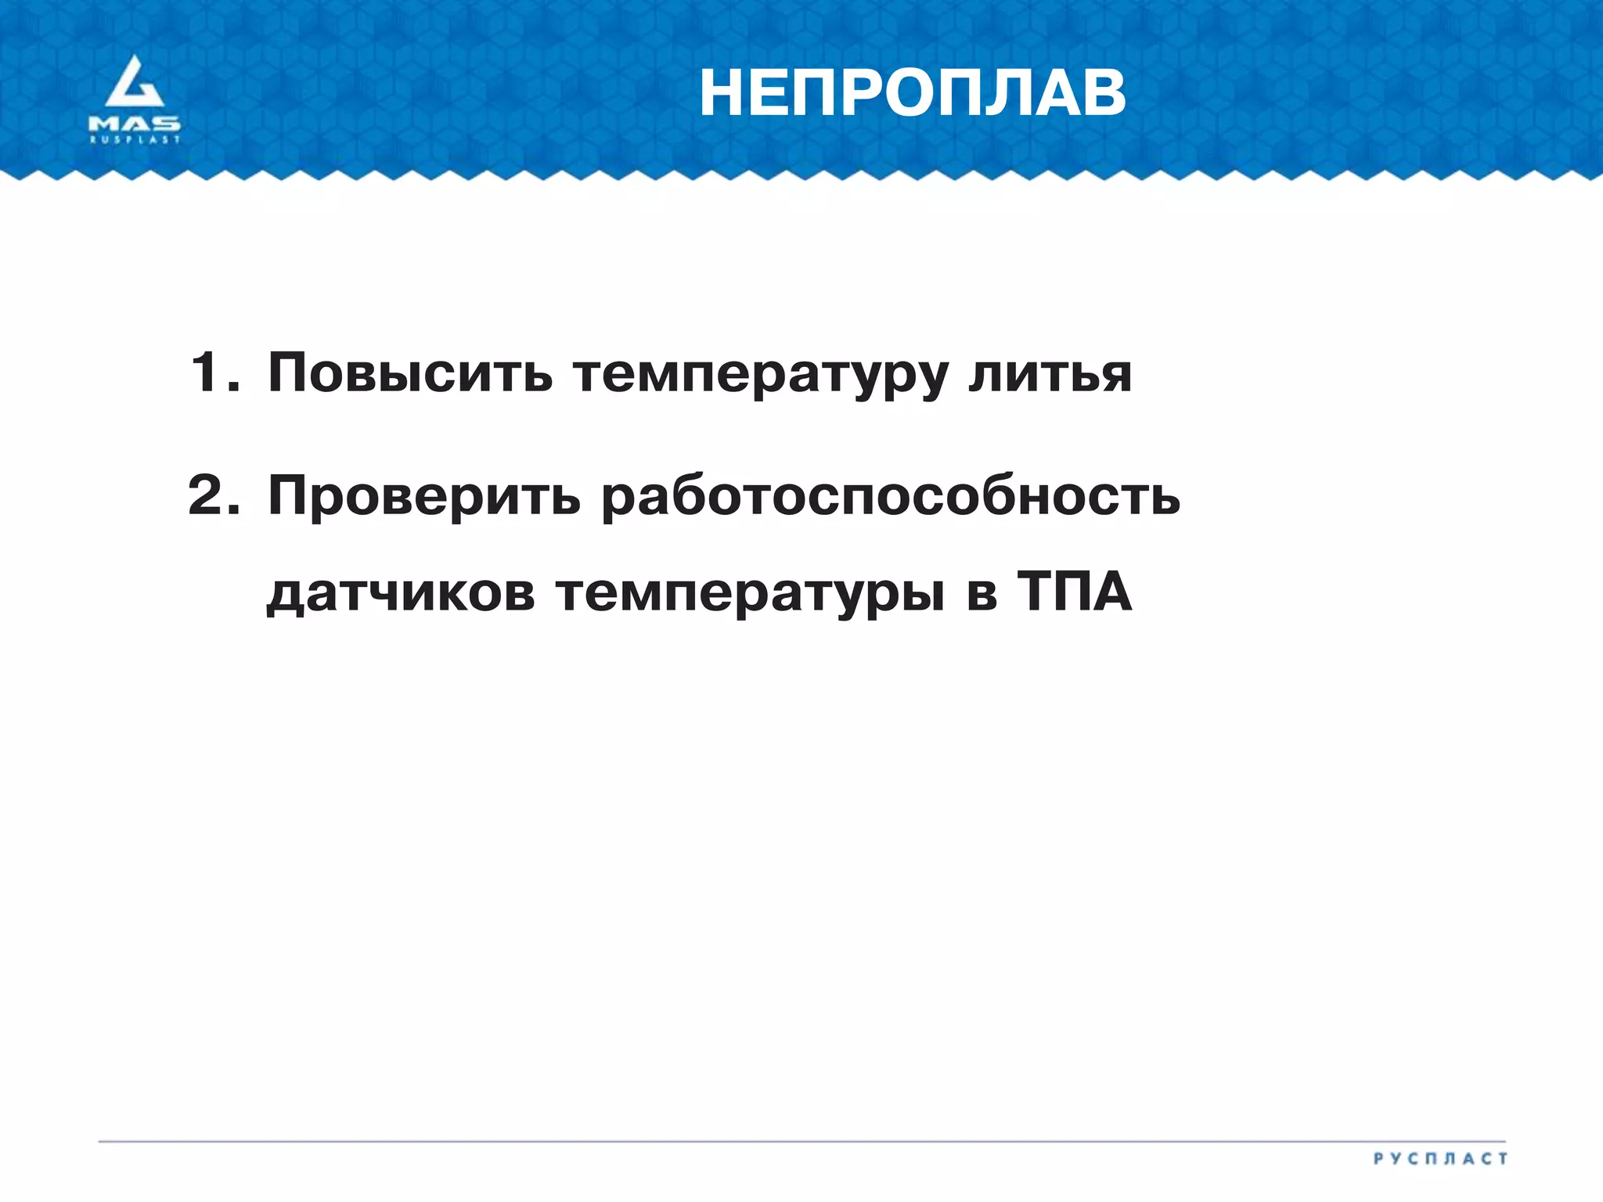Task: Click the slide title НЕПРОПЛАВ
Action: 912,94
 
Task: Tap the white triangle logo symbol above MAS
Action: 135,83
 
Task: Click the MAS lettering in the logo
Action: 135,124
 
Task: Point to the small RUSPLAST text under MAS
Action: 135,140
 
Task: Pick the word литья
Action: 1050,373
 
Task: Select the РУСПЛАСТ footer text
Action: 1440,1159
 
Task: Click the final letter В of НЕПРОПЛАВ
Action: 1100,94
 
